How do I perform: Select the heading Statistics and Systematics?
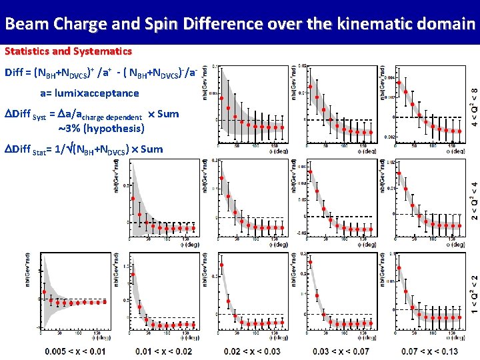68,51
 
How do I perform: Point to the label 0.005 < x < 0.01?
75,351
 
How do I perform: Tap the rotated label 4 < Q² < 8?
474,107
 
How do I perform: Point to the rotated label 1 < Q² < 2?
474,295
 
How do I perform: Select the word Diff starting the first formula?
16,72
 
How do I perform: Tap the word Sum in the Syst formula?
168,114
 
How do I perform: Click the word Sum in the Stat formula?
152,149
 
